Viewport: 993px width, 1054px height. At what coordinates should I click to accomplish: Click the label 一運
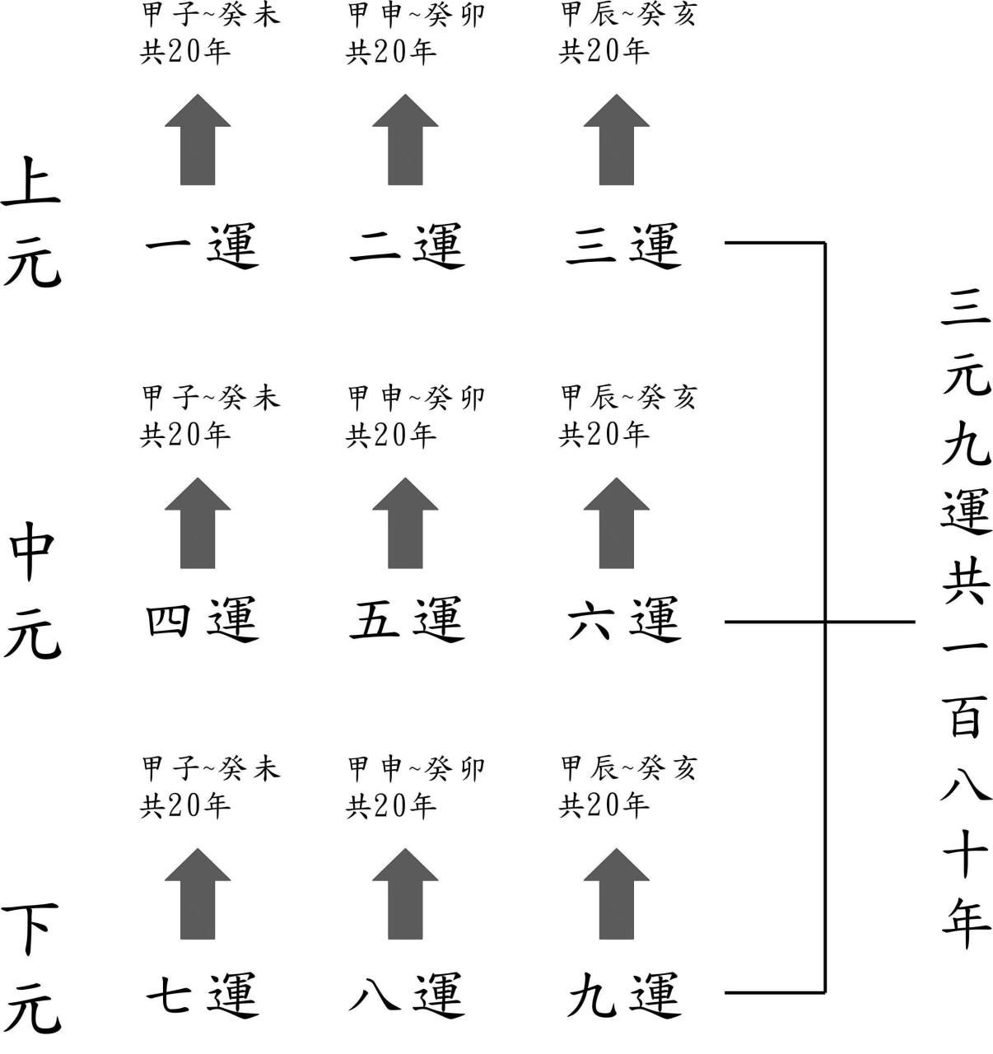click(x=203, y=245)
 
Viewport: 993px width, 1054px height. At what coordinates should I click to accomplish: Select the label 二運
click(x=408, y=245)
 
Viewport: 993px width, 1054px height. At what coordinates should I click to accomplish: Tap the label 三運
click(x=624, y=245)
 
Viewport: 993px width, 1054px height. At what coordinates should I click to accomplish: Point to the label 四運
click(x=203, y=619)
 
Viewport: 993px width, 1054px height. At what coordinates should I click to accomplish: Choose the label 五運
click(x=408, y=619)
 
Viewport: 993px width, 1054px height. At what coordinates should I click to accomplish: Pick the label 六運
click(x=624, y=619)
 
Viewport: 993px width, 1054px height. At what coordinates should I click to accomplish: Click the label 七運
click(x=203, y=994)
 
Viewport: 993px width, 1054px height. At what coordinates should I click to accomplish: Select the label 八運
click(x=408, y=994)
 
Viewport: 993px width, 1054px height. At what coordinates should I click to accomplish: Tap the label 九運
click(x=624, y=994)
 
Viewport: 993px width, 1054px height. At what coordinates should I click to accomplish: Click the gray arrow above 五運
click(x=405, y=525)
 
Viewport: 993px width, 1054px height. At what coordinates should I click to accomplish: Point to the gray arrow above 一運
click(x=198, y=140)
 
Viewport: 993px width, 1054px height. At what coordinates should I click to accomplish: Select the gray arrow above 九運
click(x=617, y=895)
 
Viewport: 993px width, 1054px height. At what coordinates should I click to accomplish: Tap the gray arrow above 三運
click(x=617, y=140)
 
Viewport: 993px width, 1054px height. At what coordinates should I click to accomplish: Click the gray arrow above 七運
click(x=198, y=895)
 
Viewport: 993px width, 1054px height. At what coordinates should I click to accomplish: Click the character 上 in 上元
click(x=31, y=180)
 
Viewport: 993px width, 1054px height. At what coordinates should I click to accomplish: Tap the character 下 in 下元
click(x=31, y=926)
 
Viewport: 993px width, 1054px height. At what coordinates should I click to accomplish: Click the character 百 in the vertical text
click(x=965, y=718)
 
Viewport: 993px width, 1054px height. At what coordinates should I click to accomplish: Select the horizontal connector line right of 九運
click(x=774, y=992)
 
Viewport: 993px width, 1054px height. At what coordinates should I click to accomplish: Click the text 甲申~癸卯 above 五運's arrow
click(x=417, y=399)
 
